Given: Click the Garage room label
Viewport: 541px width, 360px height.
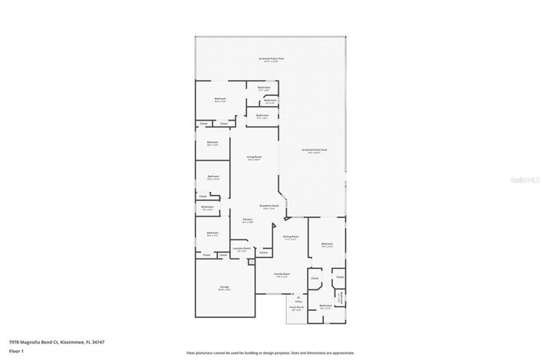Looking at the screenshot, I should click(225, 287).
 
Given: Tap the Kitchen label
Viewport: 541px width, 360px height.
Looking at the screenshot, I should click(248, 220).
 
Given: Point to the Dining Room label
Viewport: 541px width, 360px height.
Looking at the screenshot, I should click(290, 237).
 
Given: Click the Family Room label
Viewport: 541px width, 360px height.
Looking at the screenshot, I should click(282, 274).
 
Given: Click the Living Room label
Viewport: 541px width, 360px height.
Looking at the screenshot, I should click(254, 158).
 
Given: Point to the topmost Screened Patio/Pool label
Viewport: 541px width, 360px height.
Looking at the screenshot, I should click(270, 58).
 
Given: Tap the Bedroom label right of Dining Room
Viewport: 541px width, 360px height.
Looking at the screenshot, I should click(327, 245).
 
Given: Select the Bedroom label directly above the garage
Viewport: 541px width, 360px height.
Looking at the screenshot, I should click(212, 233).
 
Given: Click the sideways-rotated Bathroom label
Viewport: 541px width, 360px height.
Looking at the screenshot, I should click(340, 297).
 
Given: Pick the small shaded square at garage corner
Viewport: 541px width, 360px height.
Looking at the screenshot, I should click(251, 263).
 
